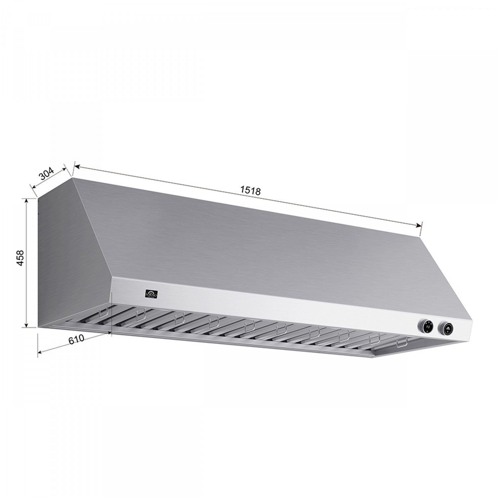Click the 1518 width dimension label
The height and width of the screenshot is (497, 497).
[250, 191]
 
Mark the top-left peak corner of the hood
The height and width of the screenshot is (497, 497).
[72, 178]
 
